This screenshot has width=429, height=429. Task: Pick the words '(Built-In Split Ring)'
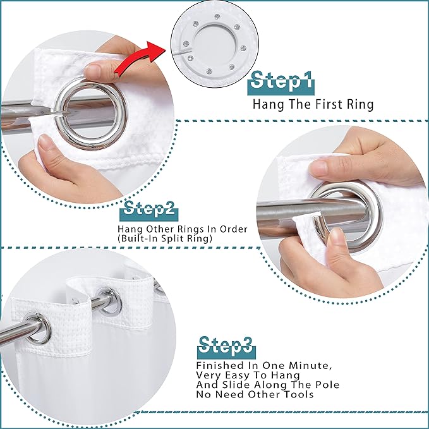(x=164, y=239)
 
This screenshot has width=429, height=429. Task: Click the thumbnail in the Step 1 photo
(x=95, y=69)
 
